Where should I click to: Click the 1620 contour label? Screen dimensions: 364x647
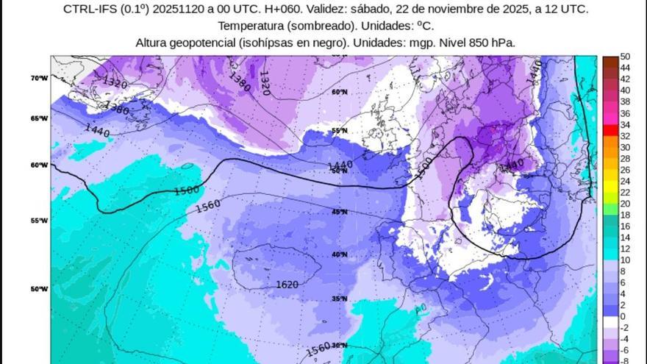287,285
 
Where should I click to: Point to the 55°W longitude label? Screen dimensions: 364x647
40,221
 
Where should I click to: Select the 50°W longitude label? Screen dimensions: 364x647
40,289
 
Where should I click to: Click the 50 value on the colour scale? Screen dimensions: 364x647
625,57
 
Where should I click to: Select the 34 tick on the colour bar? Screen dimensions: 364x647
625,125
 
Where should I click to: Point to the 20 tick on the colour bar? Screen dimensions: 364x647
625,204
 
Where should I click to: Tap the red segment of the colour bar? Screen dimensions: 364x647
610,130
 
